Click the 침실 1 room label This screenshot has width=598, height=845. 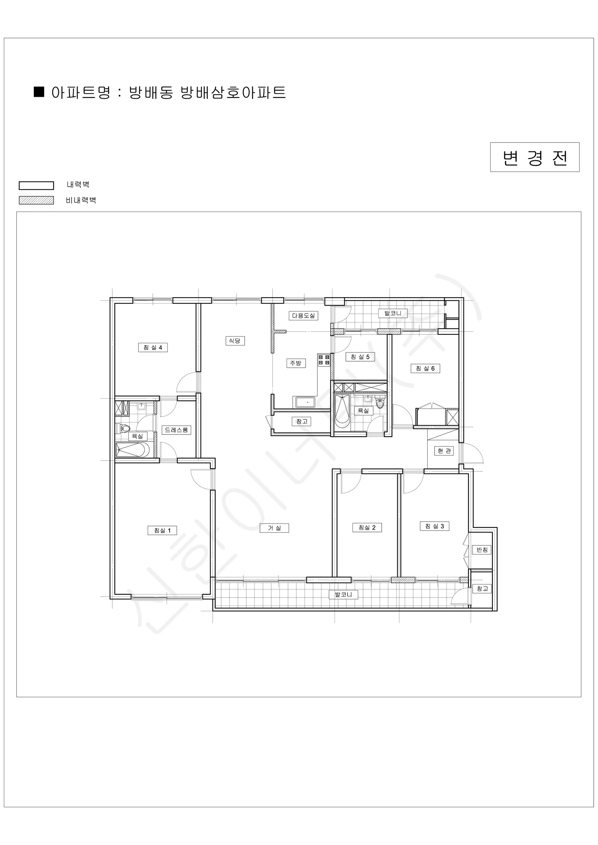(x=162, y=530)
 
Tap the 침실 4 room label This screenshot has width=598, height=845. (x=153, y=348)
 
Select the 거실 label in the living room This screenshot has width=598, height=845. (x=274, y=528)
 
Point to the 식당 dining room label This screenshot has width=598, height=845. (x=235, y=341)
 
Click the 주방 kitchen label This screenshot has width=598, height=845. (x=296, y=363)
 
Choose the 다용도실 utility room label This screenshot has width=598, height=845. (x=304, y=316)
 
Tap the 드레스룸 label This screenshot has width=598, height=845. (x=176, y=430)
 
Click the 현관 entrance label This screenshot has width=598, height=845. (x=444, y=451)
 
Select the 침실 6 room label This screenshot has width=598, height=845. (x=425, y=368)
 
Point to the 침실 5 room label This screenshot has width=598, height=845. (x=360, y=357)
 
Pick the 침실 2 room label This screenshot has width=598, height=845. (x=367, y=527)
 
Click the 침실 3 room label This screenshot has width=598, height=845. (x=435, y=526)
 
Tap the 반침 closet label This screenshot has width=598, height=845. (x=482, y=550)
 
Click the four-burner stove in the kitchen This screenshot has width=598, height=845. (x=324, y=360)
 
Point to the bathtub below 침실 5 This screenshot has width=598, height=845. (x=342, y=411)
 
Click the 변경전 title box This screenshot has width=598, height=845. (x=535, y=157)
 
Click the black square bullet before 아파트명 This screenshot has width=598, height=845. (x=39, y=92)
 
